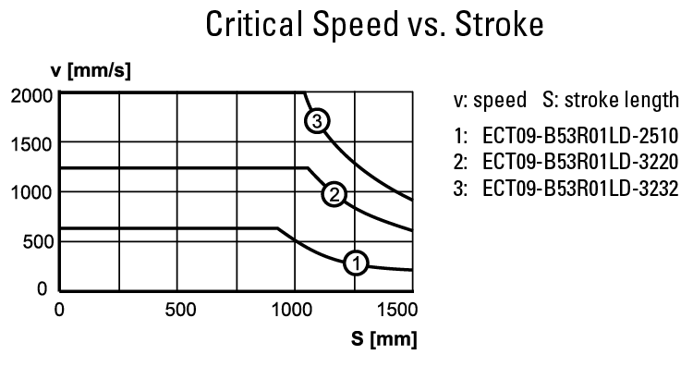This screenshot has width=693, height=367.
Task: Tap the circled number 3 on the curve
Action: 318,121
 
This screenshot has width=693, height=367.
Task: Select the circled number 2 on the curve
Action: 334,193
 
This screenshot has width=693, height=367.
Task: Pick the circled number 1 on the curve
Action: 356,263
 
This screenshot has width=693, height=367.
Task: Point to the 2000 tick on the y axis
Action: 32,94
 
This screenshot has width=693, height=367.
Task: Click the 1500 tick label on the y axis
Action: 32,143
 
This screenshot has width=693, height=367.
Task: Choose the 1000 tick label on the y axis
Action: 32,192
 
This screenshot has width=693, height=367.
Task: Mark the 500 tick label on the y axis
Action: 38,241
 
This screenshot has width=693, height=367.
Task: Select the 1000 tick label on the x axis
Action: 294,310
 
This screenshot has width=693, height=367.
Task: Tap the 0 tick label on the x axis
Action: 59,310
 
